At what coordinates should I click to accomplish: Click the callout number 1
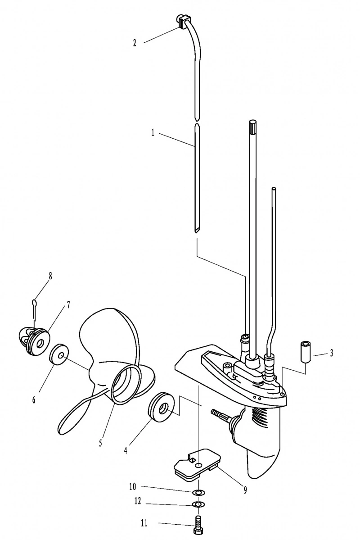click(x=153, y=133)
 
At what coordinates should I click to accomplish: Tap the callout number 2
click(x=135, y=43)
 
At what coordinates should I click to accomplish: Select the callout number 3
click(x=332, y=353)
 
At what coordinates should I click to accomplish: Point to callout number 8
click(x=50, y=276)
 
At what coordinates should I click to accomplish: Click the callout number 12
click(x=138, y=501)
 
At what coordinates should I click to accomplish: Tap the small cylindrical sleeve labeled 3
click(x=306, y=351)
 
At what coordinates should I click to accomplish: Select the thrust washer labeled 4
click(x=160, y=406)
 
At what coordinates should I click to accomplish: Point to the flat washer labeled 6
click(x=59, y=354)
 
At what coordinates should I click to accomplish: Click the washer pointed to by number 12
click(x=198, y=504)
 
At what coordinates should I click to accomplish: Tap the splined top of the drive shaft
click(x=252, y=127)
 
